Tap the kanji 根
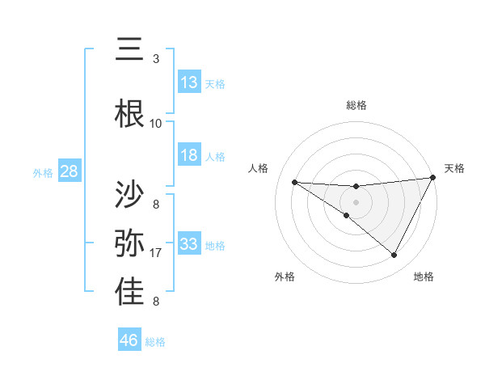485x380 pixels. coord(130,112)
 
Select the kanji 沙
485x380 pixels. coord(130,195)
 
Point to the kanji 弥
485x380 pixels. coord(130,243)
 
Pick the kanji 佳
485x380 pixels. coord(130,292)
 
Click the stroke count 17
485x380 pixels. coord(156,253)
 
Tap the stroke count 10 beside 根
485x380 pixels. coord(156,123)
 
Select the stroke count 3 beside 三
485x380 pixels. coord(156,59)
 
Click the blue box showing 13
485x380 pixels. coord(189,82)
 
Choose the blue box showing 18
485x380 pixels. coord(189,155)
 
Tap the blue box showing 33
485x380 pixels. coord(189,244)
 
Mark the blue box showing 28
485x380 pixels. coord(69,171)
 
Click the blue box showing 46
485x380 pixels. coord(129,340)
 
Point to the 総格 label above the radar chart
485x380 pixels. coord(356,105)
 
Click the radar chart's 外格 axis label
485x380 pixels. coord(285,277)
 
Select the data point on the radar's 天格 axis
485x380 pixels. coord(433,178)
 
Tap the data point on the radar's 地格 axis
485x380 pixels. coord(394,255)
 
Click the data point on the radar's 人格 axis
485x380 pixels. coord(294,182)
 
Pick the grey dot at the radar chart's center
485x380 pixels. coord(356,201)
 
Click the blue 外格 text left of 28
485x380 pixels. coord(42,172)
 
